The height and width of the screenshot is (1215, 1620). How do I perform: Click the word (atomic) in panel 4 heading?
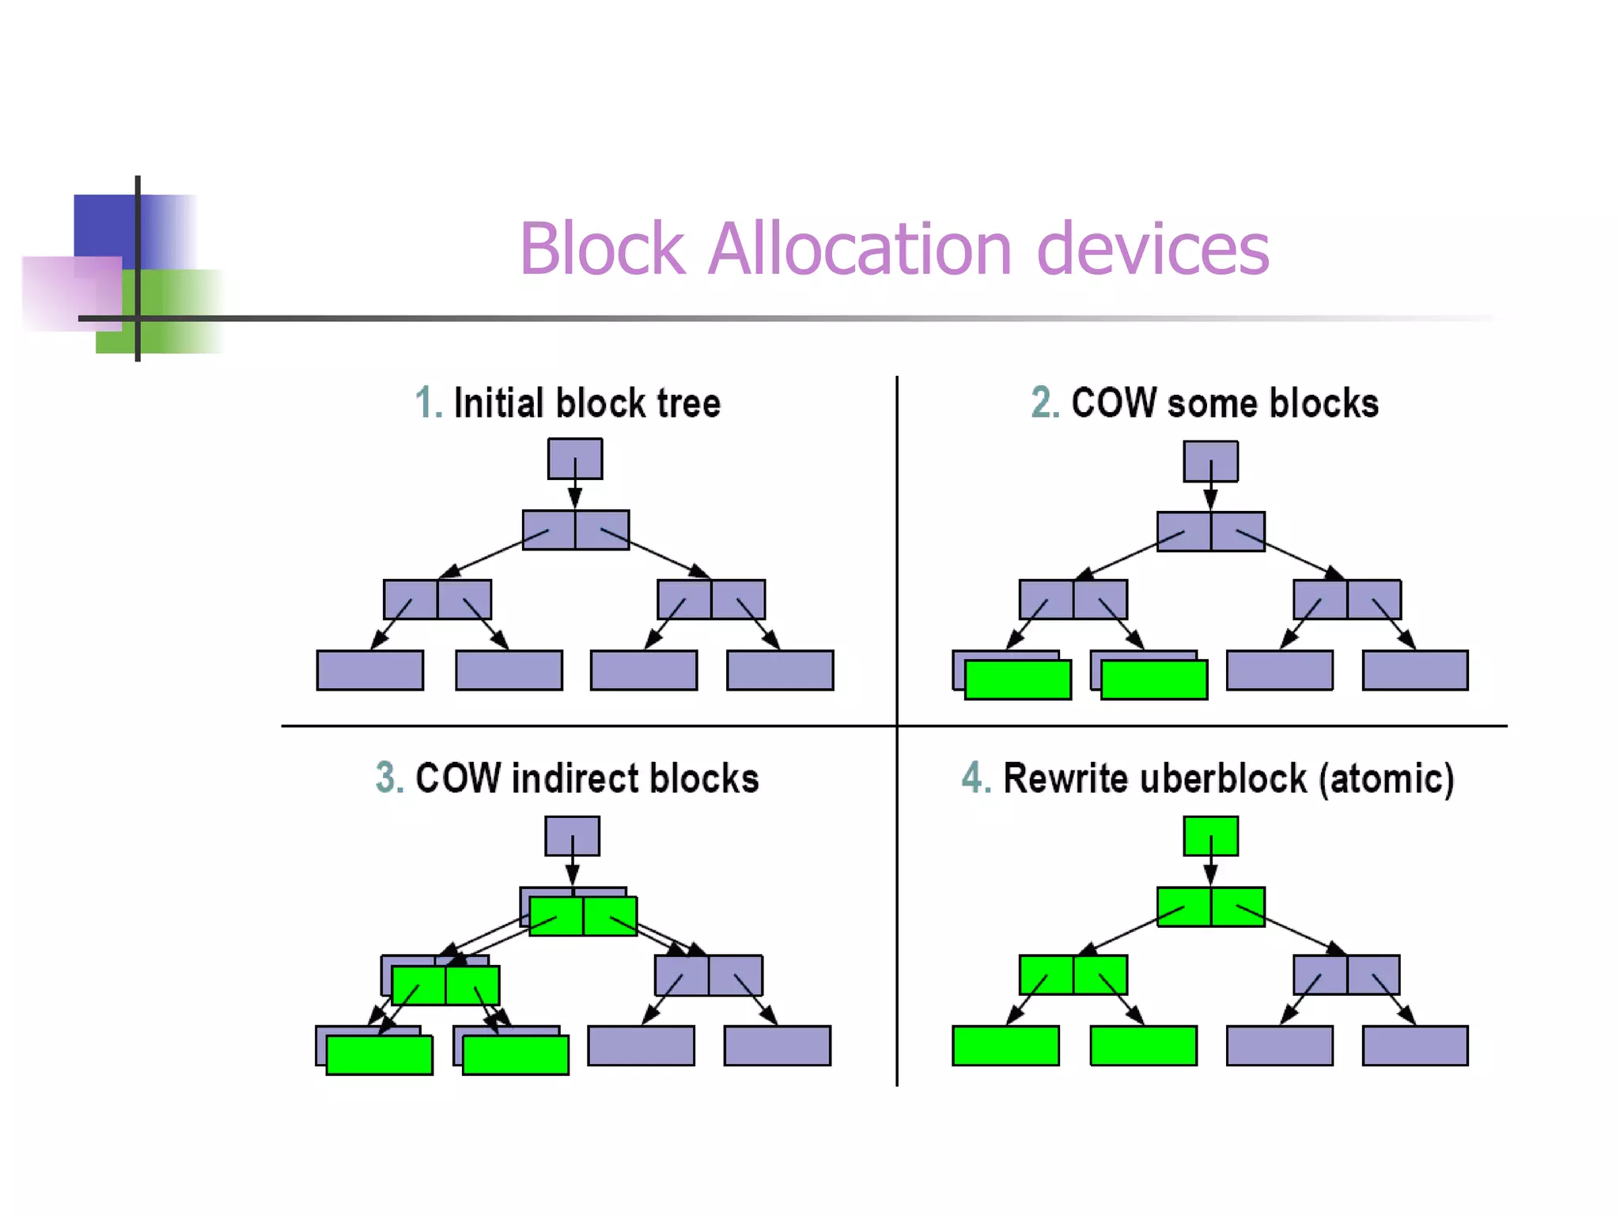(1386, 778)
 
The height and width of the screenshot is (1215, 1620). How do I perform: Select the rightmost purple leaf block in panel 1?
(780, 671)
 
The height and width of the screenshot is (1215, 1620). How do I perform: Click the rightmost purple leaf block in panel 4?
(1415, 1046)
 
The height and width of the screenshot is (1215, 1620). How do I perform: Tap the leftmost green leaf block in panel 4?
(1005, 1046)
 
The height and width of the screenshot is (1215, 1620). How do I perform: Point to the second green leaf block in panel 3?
(516, 1056)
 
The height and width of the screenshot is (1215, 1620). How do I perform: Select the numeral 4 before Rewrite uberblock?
(974, 778)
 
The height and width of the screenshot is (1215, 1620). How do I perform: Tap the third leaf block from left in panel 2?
(1279, 671)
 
